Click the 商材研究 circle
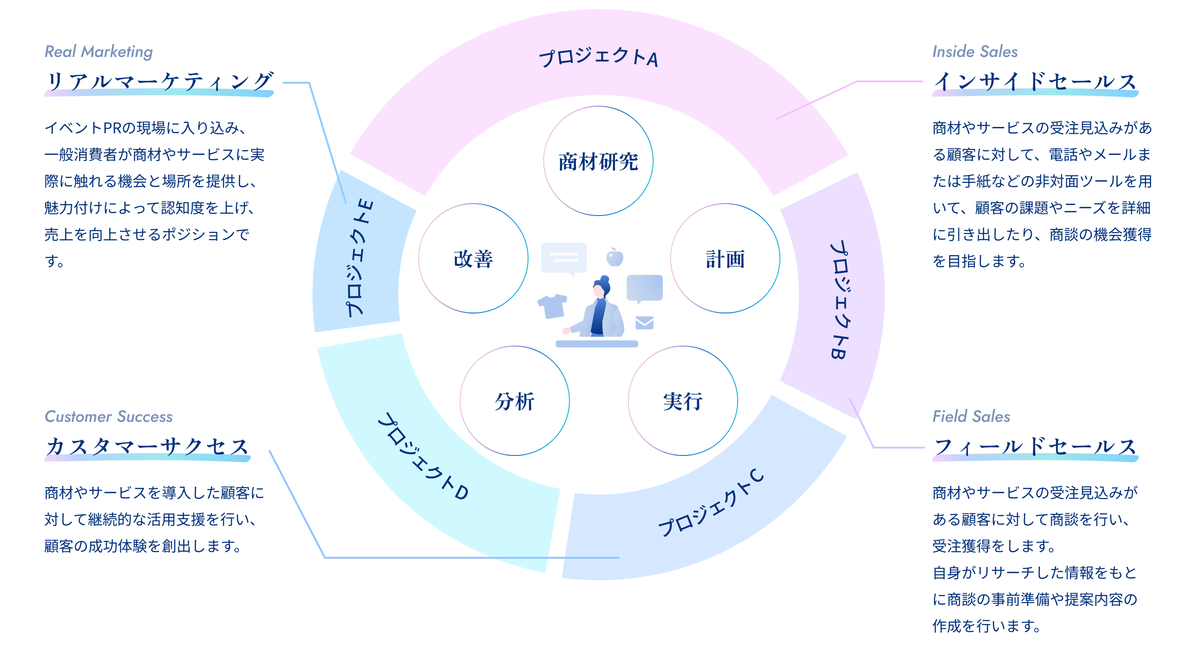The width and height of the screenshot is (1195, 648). click(598, 161)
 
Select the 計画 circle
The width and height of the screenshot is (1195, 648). click(725, 258)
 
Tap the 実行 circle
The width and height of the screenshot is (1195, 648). click(683, 401)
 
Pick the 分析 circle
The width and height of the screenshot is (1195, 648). click(514, 401)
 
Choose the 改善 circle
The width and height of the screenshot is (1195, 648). click(473, 258)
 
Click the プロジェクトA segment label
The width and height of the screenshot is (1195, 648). click(598, 58)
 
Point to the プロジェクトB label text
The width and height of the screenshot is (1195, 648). click(840, 299)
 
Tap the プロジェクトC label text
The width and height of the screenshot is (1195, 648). click(711, 504)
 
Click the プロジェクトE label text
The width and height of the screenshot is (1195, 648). click(359, 258)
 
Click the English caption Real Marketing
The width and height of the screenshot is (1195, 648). click(98, 51)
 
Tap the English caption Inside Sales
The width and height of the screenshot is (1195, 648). click(975, 51)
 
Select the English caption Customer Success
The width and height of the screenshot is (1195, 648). click(108, 416)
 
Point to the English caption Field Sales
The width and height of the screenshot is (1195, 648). click(971, 416)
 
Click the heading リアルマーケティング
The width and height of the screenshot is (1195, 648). click(159, 81)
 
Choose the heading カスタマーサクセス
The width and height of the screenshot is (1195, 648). click(148, 446)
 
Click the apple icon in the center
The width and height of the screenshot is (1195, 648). click(615, 257)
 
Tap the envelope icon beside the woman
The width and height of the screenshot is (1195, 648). click(644, 322)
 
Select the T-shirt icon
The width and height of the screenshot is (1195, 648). click(552, 306)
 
